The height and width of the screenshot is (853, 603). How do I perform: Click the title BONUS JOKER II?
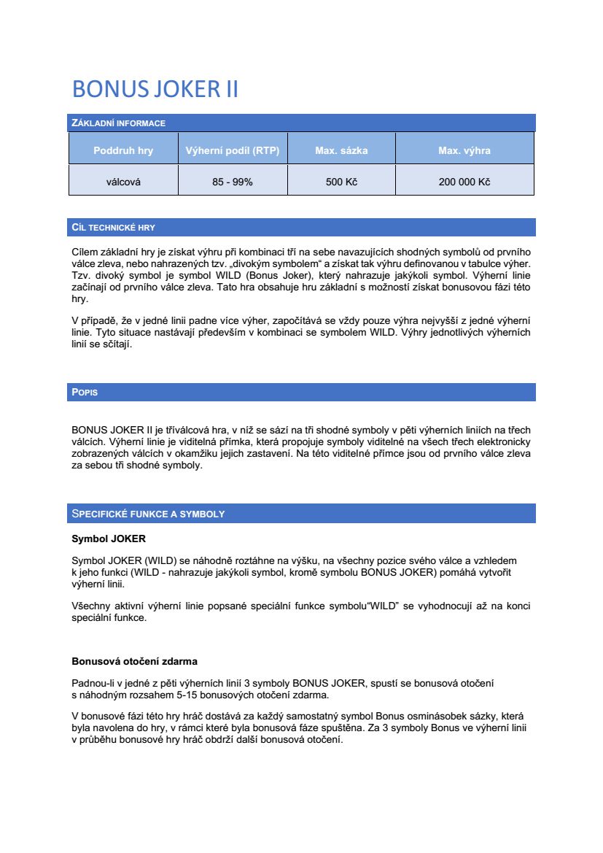click(x=155, y=89)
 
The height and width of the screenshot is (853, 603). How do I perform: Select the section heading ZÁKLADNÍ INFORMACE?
click(x=119, y=123)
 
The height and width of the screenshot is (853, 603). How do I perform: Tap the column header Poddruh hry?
click(x=123, y=151)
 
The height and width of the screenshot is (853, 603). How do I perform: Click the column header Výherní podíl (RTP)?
click(x=233, y=151)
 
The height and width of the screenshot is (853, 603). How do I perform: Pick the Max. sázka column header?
click(x=341, y=151)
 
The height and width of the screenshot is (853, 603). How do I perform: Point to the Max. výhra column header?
click(x=464, y=151)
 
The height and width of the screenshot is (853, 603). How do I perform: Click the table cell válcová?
click(x=123, y=182)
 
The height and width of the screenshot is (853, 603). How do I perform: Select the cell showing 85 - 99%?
click(x=233, y=182)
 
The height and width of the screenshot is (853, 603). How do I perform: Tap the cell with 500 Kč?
click(x=341, y=182)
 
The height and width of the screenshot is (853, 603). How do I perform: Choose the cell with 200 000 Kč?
click(x=464, y=182)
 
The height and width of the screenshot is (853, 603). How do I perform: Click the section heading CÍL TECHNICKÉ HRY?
click(x=114, y=228)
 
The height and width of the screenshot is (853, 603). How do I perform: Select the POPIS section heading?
click(x=85, y=393)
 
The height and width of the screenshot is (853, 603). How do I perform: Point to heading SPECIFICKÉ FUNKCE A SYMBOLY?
click(x=148, y=514)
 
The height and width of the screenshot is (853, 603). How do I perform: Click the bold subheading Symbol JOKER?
click(x=108, y=539)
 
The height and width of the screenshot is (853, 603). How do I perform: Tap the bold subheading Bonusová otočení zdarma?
click(x=134, y=662)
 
